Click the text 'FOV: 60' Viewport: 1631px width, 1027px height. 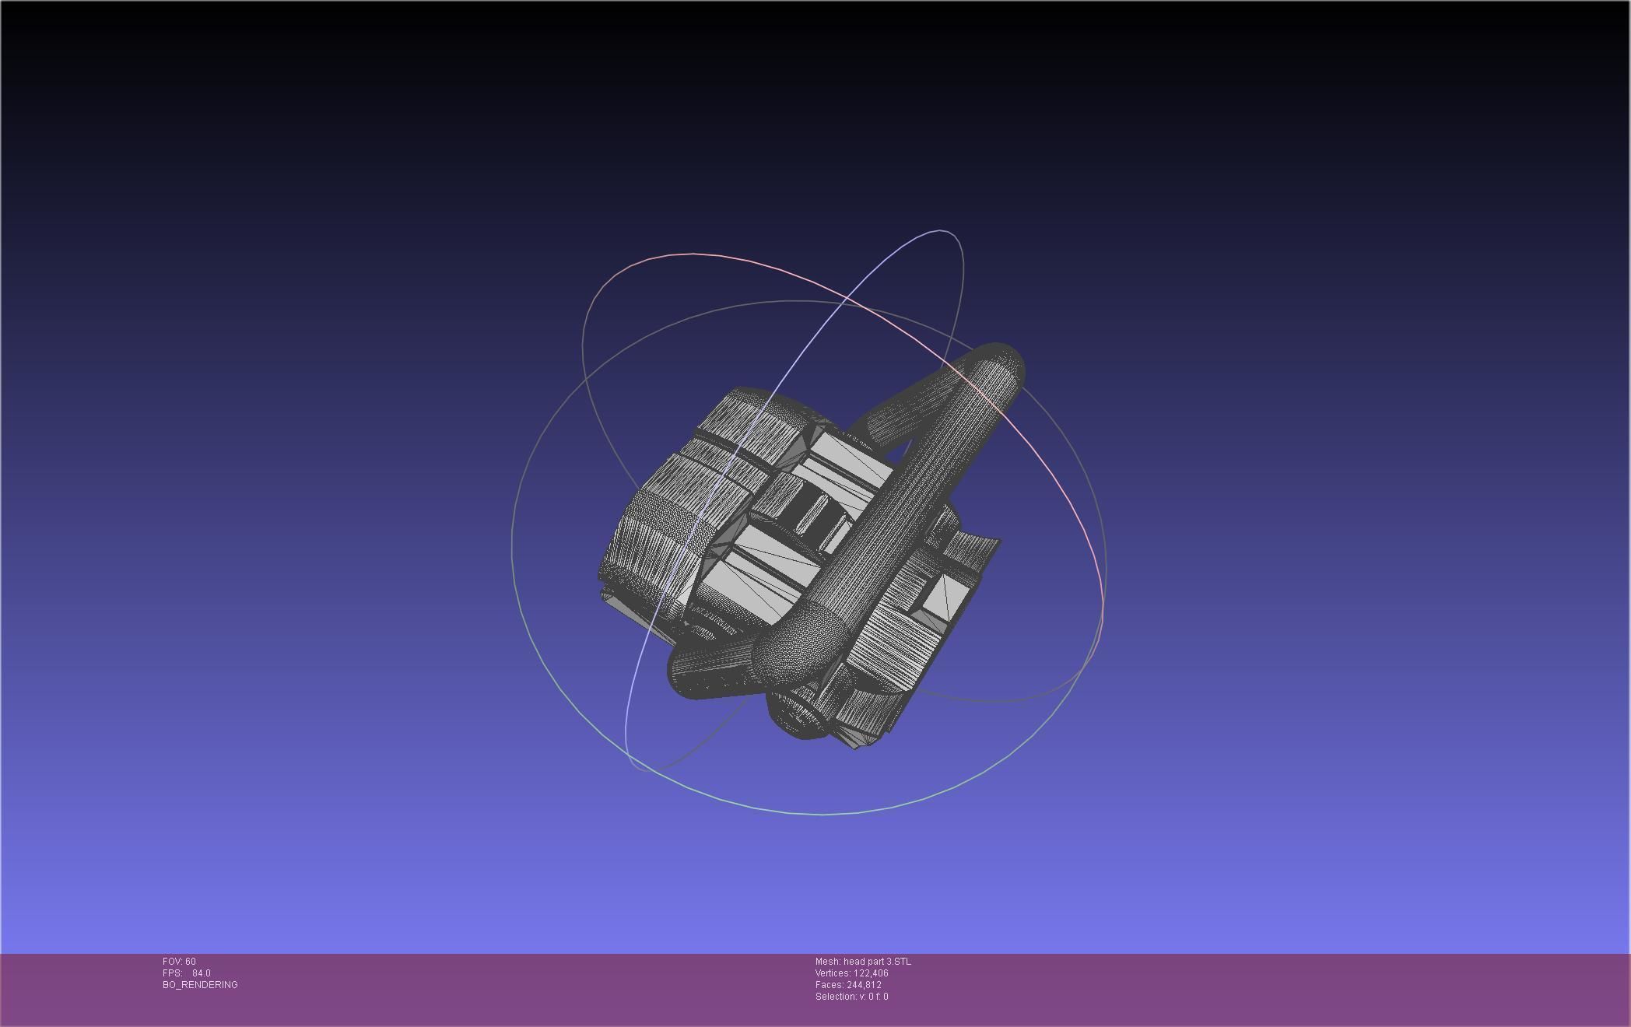[x=179, y=962]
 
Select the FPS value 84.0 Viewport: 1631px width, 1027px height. [x=201, y=973]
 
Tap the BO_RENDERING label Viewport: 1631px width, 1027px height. [x=200, y=985]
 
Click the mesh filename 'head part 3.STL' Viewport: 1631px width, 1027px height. [x=877, y=962]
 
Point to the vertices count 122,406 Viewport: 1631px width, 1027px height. [x=871, y=973]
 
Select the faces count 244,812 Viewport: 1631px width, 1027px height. [x=864, y=985]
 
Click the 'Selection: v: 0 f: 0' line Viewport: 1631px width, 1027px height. [x=851, y=997]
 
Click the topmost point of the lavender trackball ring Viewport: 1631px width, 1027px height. [x=942, y=230]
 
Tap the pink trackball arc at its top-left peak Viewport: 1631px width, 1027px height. [x=693, y=254]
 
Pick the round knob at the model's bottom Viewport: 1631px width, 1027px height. [x=798, y=712]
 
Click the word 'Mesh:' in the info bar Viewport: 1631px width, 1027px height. [x=828, y=962]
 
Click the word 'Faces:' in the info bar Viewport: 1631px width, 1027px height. [x=830, y=985]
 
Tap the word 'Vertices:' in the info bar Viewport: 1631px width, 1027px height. [x=833, y=973]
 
